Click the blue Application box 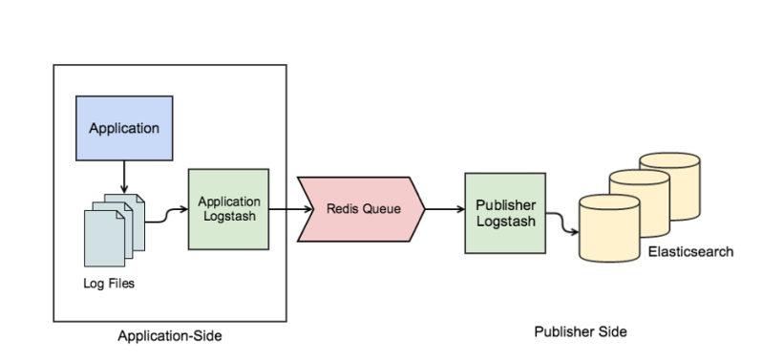(124, 127)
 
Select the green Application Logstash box (229, 208)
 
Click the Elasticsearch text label (690, 252)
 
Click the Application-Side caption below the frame (170, 335)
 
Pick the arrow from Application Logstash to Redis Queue (285, 208)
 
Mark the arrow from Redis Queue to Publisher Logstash (444, 208)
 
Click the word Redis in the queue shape (340, 208)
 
